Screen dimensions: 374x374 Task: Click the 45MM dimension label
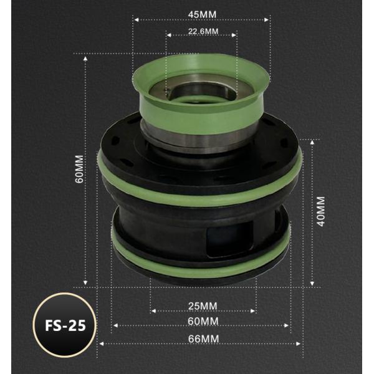[201, 13]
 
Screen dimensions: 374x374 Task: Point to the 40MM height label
[321, 212]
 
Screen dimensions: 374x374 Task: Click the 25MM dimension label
[203, 305]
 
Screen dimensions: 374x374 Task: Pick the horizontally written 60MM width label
[203, 321]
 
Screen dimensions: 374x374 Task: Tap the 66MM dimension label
[203, 338]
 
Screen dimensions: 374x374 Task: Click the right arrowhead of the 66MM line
[302, 343]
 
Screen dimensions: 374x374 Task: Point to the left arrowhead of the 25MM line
[151, 311]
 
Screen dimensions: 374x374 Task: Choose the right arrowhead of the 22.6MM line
[236, 36]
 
